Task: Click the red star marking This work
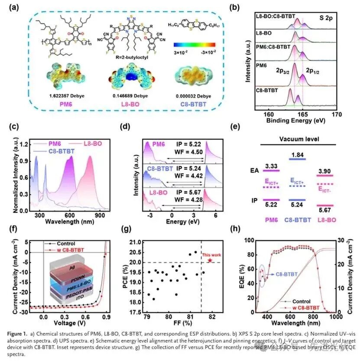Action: [x=210, y=260]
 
